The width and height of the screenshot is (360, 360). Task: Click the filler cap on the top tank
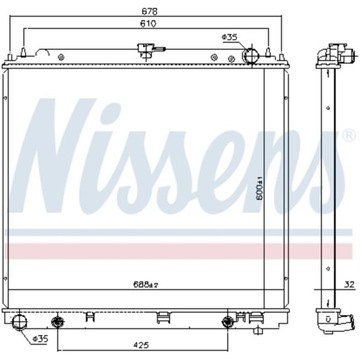[x=140, y=48]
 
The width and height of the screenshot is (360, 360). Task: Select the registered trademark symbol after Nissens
[x=346, y=136]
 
